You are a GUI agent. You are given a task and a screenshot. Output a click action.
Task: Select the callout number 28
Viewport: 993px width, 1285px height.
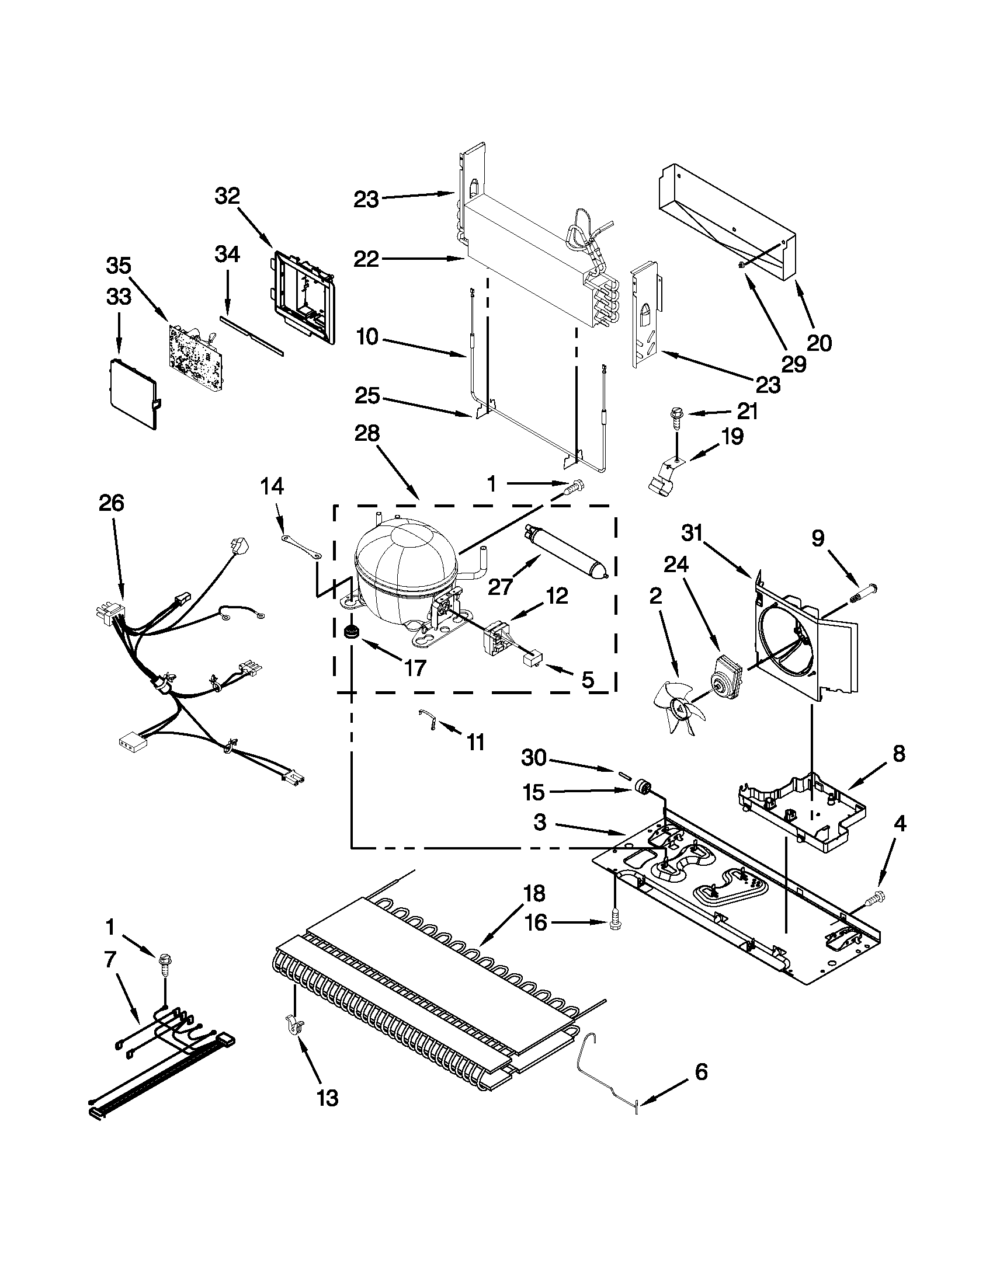click(367, 434)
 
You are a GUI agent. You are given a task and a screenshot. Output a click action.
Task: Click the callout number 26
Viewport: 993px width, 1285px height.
click(112, 503)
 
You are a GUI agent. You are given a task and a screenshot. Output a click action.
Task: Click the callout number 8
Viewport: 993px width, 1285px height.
click(898, 754)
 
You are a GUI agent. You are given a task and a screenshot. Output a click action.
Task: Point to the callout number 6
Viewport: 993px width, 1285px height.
click(701, 1071)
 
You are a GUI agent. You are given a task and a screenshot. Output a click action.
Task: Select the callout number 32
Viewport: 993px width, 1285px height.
click(227, 196)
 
